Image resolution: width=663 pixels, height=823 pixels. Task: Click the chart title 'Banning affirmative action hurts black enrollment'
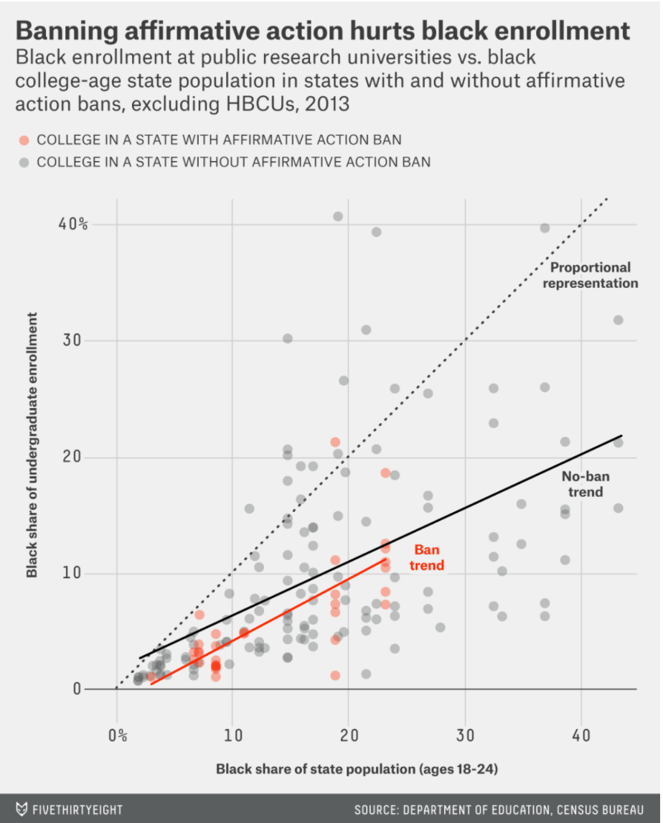click(x=322, y=31)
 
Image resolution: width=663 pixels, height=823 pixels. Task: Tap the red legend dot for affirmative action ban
click(x=24, y=139)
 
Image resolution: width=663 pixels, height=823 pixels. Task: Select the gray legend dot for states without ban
click(x=24, y=162)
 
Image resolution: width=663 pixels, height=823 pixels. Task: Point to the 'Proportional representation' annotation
click(x=590, y=275)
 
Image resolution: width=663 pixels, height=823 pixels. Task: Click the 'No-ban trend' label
click(x=580, y=484)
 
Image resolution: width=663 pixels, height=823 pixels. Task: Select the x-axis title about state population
click(x=357, y=769)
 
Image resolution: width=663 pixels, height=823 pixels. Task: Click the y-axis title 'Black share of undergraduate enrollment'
click(x=32, y=445)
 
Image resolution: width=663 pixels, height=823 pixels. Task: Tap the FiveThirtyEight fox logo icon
click(x=22, y=809)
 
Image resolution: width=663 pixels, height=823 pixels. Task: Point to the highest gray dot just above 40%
click(x=338, y=216)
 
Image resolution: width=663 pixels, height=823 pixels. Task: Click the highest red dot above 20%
click(x=335, y=442)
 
